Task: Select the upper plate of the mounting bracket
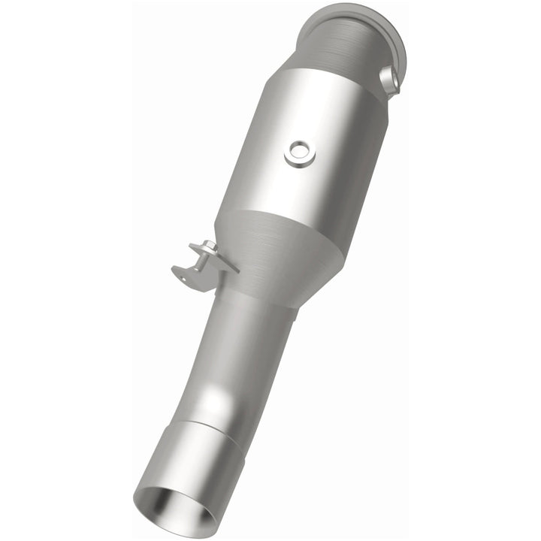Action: pos(220,260)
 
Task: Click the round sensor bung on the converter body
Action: pos(300,153)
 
